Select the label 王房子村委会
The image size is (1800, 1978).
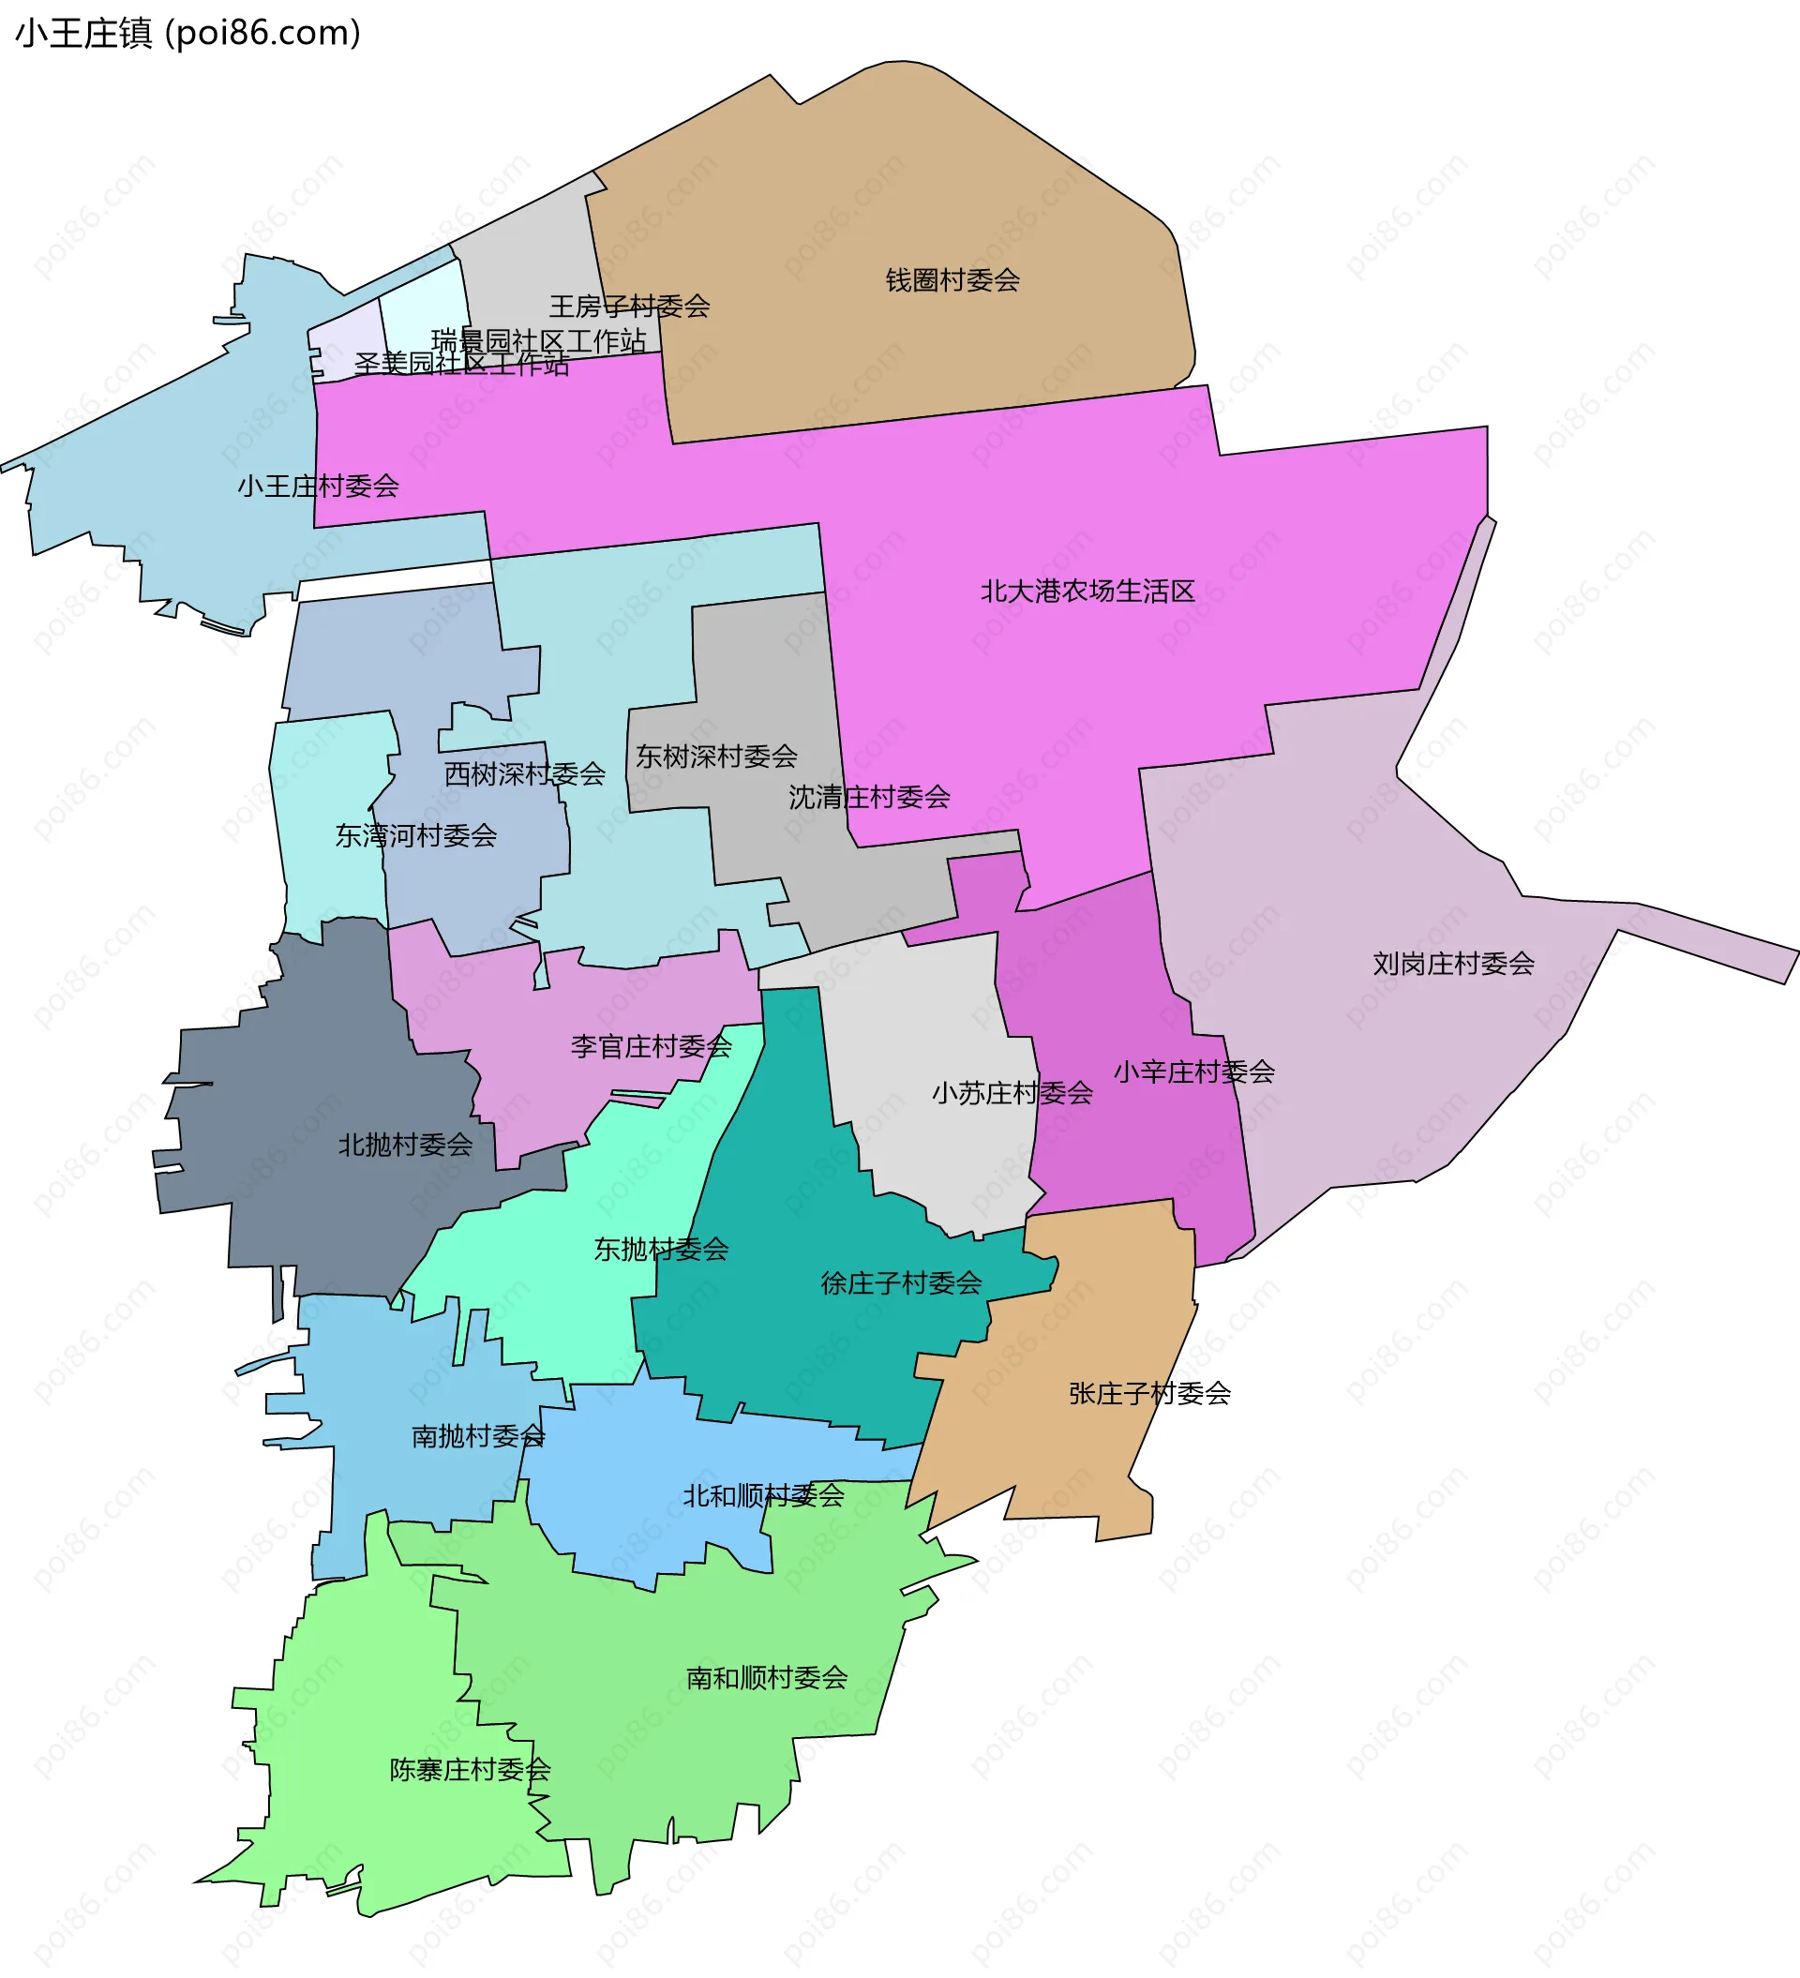click(629, 307)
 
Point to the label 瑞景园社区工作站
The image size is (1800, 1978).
click(539, 340)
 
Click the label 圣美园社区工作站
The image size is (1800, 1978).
click(461, 364)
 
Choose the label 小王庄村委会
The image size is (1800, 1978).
click(318, 486)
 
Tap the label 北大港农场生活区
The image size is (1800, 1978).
click(1087, 591)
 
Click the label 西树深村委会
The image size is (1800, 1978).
click(525, 774)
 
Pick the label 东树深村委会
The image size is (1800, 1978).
click(716, 757)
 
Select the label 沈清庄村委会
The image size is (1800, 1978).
click(870, 797)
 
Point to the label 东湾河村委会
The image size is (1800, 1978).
click(416, 835)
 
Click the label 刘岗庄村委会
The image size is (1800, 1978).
click(1453, 964)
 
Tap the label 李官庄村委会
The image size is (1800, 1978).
click(652, 1046)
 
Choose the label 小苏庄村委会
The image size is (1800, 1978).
click(1012, 1093)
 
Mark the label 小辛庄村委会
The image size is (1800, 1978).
click(1193, 1071)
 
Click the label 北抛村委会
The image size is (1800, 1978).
click(405, 1144)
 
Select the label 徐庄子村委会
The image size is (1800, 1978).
click(901, 1282)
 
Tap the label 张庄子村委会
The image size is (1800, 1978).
click(1149, 1393)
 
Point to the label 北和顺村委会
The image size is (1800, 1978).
click(763, 1495)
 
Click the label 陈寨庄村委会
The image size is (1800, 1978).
click(470, 1769)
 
